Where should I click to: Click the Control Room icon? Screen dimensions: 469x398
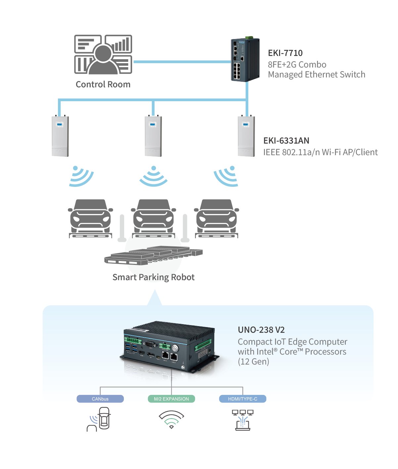(103, 55)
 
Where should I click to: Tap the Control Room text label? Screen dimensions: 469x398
(103, 85)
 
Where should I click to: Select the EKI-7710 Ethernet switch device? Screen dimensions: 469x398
(245, 60)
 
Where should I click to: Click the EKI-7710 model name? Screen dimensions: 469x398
(285, 53)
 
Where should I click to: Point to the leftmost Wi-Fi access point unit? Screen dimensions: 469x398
(60, 136)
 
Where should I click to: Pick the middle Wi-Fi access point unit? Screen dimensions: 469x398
(153, 136)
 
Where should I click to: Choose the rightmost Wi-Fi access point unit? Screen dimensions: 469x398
(246, 136)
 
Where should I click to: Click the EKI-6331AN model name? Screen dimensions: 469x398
(286, 141)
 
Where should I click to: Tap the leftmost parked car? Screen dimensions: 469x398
(90, 217)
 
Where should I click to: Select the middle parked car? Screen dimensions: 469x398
(154, 217)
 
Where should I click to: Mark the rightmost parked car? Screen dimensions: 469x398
(217, 217)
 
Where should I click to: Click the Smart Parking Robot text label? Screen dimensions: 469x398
(153, 277)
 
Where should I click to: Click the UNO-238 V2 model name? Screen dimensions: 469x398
(261, 330)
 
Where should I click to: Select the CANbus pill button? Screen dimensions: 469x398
(100, 399)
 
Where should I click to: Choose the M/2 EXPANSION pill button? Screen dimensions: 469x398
(171, 399)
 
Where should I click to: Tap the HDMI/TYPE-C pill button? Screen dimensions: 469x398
(242, 399)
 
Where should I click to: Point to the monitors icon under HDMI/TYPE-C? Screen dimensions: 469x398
(243, 420)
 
